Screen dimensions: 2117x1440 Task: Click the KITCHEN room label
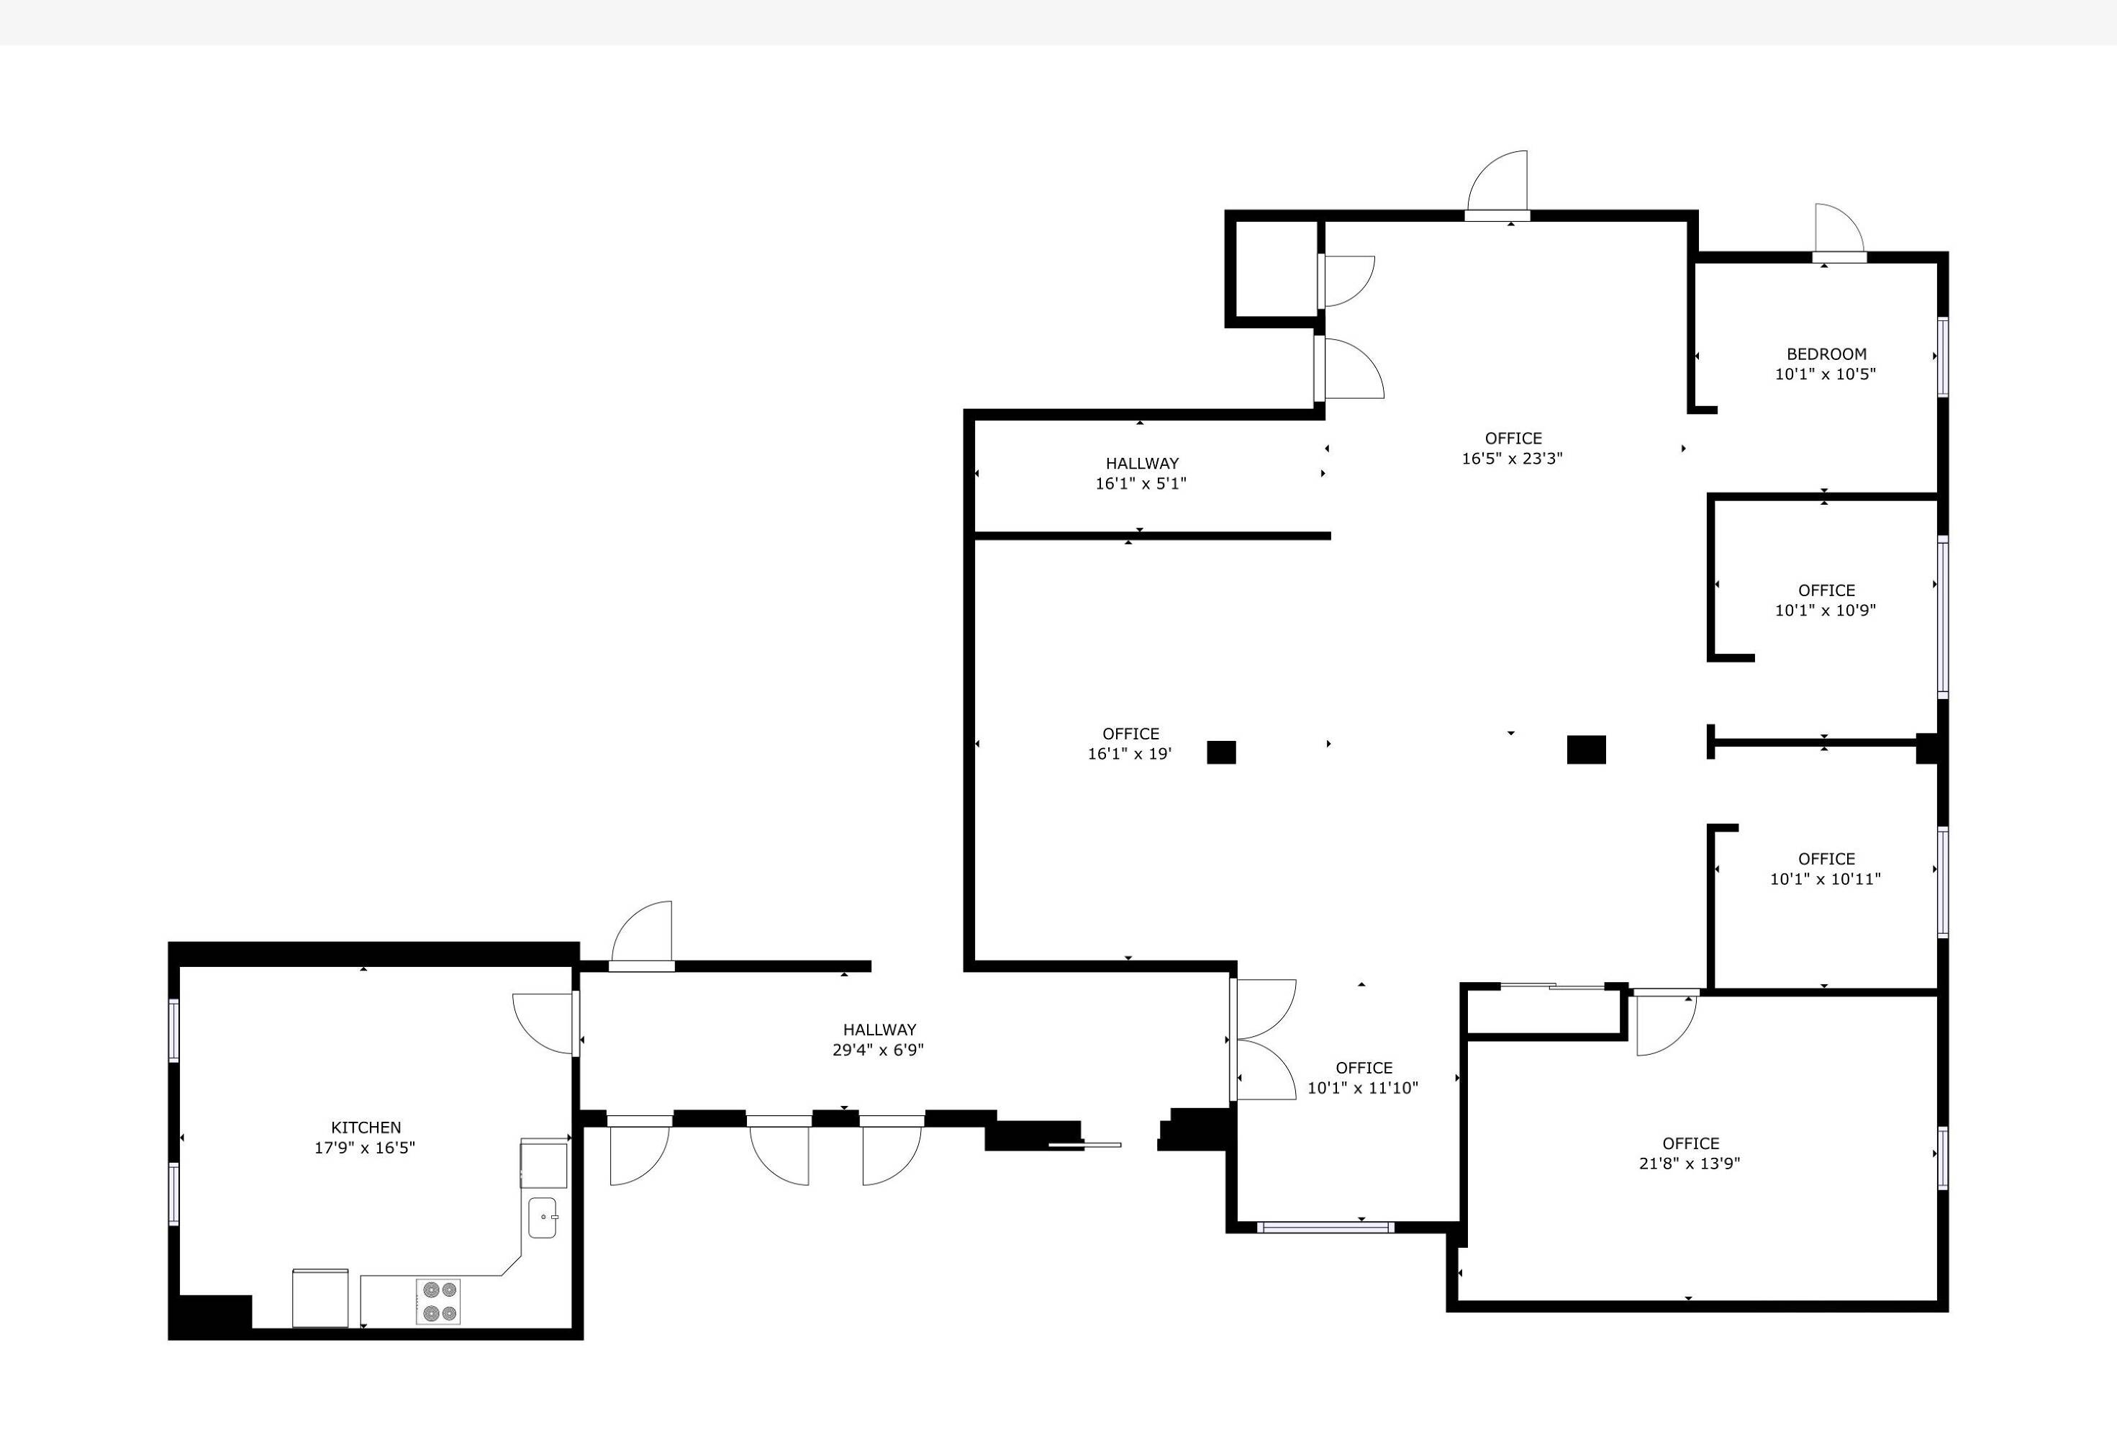(366, 1128)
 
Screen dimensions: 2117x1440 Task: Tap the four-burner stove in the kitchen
(438, 1302)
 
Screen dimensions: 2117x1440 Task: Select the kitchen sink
(543, 1218)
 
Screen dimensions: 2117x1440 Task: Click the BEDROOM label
(1826, 354)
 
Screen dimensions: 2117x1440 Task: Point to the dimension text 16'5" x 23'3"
(1512, 459)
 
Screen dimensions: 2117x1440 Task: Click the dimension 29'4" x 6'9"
(878, 1050)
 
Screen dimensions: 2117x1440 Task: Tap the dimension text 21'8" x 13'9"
(1690, 1163)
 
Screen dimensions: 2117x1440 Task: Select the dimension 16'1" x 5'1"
(1141, 483)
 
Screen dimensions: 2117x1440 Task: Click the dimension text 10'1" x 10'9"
(1826, 610)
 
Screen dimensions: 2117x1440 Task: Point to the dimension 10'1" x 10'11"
(1826, 878)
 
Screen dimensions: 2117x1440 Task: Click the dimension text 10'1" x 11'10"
(1363, 1087)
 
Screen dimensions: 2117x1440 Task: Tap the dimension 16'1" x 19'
(1130, 754)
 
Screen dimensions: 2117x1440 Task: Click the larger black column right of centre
(1586, 750)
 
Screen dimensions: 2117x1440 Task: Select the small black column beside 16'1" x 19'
(1222, 752)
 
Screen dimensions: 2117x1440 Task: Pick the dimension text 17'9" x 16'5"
(364, 1148)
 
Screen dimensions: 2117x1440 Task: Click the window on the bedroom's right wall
(1943, 356)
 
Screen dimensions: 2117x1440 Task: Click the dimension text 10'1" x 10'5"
(1826, 374)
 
